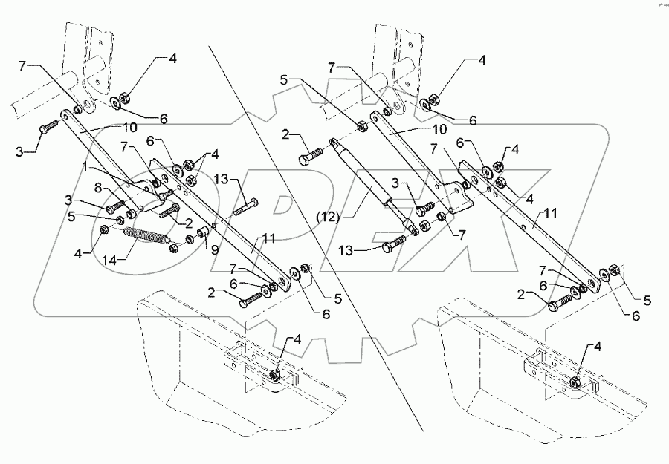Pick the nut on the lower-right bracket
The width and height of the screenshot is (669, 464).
coord(578,382)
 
